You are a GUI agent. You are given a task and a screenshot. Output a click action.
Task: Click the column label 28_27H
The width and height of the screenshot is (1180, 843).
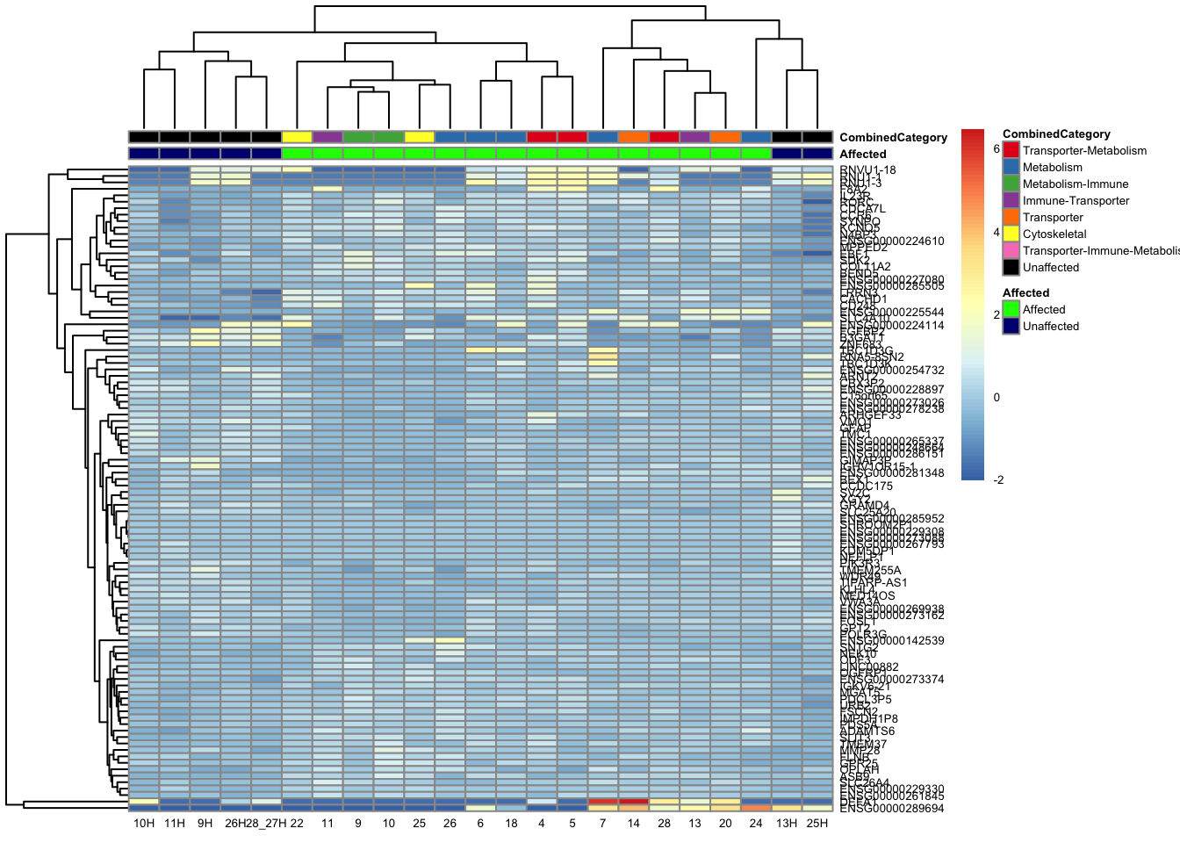click(x=266, y=823)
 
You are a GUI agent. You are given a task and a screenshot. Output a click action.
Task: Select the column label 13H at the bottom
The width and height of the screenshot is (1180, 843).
click(x=786, y=823)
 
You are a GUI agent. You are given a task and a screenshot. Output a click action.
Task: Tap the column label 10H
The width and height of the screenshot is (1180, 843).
click(x=144, y=823)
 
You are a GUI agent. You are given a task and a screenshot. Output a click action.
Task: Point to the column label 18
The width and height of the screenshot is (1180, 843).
click(x=511, y=823)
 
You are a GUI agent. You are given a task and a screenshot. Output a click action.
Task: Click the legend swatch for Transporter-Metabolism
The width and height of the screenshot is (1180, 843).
click(x=1011, y=150)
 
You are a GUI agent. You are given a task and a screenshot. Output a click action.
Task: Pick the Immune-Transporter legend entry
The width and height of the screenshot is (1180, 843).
click(x=1076, y=200)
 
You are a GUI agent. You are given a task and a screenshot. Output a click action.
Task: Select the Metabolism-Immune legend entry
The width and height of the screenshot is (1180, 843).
click(x=1075, y=184)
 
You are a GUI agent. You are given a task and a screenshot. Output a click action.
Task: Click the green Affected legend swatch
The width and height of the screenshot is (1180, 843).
click(x=1011, y=309)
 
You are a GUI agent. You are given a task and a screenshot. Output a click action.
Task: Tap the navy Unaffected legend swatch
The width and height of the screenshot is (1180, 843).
click(x=1011, y=326)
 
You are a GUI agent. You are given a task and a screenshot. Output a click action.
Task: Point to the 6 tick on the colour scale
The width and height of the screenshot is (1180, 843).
click(x=997, y=149)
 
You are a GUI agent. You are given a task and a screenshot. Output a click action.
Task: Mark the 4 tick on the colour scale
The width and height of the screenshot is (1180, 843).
click(x=997, y=233)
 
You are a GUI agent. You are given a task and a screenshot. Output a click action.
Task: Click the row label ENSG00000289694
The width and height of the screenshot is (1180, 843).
click(x=892, y=808)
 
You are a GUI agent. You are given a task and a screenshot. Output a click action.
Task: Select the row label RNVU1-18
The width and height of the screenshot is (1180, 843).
click(x=867, y=170)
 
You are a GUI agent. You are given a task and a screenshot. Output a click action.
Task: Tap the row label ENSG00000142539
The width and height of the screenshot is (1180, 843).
click(x=892, y=641)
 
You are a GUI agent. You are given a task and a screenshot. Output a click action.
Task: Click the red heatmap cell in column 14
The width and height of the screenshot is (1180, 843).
click(x=634, y=801)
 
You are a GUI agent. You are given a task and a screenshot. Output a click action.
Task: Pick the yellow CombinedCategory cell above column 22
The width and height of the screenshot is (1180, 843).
click(x=297, y=137)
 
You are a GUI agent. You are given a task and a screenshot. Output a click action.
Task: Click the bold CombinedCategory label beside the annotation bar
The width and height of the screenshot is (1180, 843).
click(x=893, y=137)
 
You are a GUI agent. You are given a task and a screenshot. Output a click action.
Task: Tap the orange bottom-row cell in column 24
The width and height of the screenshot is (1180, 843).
click(x=756, y=808)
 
